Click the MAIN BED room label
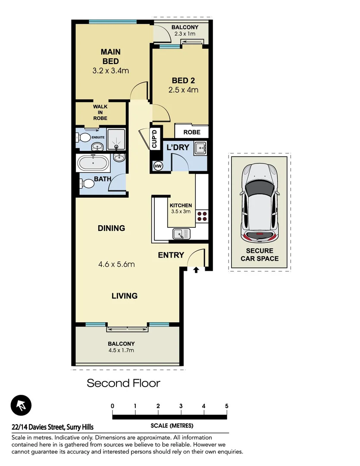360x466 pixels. [110, 57]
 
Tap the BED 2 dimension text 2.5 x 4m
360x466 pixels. [183, 90]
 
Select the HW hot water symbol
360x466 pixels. [157, 166]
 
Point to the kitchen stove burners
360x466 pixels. [202, 215]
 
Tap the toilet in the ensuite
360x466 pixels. [84, 138]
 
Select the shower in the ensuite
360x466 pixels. [116, 139]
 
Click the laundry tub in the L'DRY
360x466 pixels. [201, 148]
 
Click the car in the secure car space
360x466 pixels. [260, 203]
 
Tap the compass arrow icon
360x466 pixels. [21, 406]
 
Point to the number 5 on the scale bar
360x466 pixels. [226, 406]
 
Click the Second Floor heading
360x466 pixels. [123, 383]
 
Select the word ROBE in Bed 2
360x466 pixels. [192, 132]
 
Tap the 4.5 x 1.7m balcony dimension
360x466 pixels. [121, 350]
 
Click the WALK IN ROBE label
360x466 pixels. [100, 112]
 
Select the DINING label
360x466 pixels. [111, 228]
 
